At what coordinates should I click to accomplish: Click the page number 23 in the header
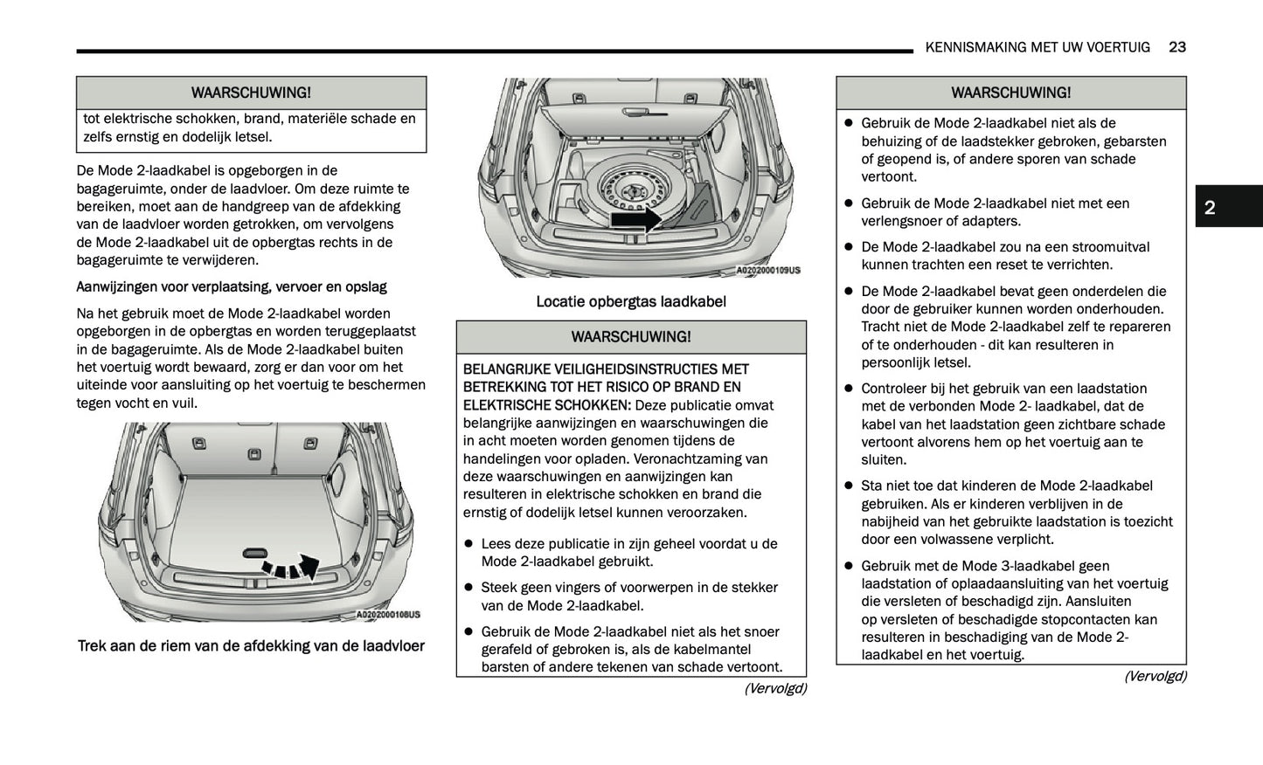tap(1176, 47)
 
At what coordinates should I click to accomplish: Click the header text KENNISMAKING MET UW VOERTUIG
tap(1037, 47)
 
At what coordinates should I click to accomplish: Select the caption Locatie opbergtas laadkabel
tap(630, 302)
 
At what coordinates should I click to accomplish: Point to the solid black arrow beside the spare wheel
tap(635, 219)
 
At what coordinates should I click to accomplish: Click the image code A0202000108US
tap(388, 615)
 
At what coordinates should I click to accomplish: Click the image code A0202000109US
tap(767, 271)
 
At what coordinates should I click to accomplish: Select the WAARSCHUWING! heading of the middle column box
tap(630, 337)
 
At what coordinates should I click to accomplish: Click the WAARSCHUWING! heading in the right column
tap(1010, 93)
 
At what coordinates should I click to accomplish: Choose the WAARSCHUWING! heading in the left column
tap(251, 93)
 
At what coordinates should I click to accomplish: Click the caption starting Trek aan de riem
tap(251, 646)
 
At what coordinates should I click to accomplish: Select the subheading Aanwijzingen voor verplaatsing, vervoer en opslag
tap(232, 287)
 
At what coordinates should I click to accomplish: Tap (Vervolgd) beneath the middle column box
tap(774, 688)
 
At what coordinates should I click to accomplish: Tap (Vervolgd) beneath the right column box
tap(1155, 676)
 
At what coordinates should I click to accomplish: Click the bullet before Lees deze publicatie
tap(468, 544)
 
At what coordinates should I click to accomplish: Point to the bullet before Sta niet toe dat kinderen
tap(848, 486)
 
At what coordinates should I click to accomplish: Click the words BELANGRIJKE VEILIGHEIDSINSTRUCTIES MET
tap(606, 369)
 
